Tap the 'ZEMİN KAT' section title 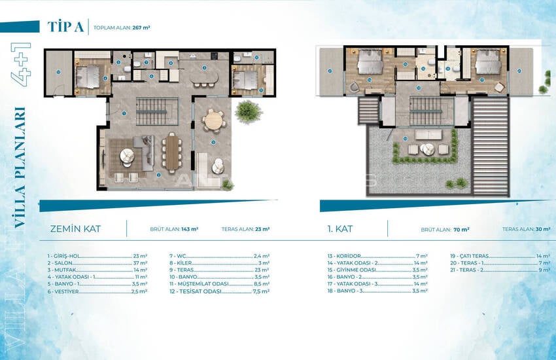click(79, 229)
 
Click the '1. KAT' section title click(341, 229)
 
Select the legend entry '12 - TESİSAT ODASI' click(196, 291)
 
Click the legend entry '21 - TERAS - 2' click(467, 269)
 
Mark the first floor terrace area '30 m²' click(542, 230)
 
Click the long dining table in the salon click(172, 153)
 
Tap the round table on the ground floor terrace click(212, 120)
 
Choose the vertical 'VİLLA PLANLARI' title click(19, 167)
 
